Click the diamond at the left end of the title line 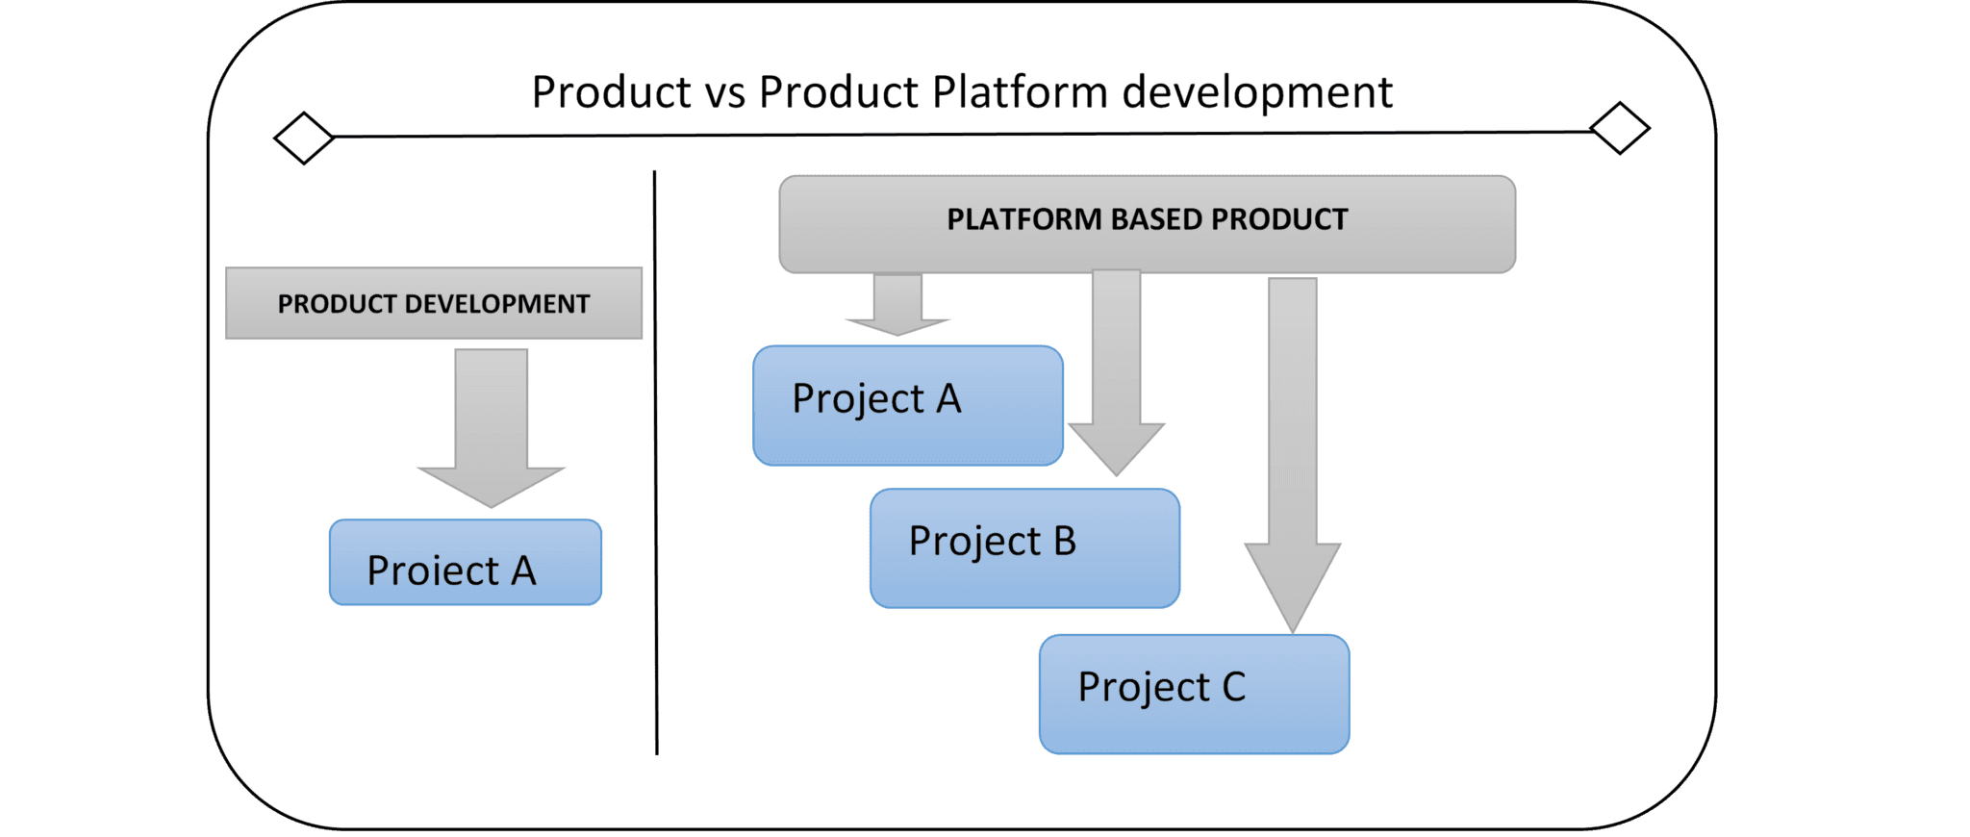coord(304,138)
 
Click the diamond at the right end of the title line coord(1620,128)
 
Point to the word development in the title coord(1257,92)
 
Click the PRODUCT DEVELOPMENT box coord(434,303)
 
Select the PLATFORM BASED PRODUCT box coord(1148,224)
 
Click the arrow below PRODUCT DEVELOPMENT coord(492,428)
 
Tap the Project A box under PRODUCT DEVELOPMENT coord(466,562)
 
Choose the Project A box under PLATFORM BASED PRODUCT coord(908,405)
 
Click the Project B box coord(1025,548)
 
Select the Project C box coord(1195,694)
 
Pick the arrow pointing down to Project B coord(1117,373)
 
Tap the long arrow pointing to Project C coord(1293,455)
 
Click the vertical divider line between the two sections coord(656,463)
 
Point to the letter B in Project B coord(1065,542)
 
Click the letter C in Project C coord(1234,687)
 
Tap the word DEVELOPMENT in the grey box coord(497,304)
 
